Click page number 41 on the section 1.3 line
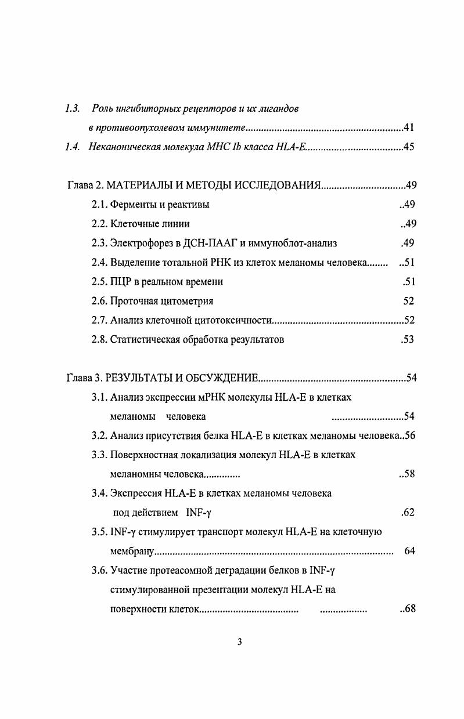[408, 128]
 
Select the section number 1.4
[73, 147]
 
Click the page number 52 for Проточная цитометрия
[408, 301]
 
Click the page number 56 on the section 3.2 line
[409, 436]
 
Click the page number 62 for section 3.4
[408, 513]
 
